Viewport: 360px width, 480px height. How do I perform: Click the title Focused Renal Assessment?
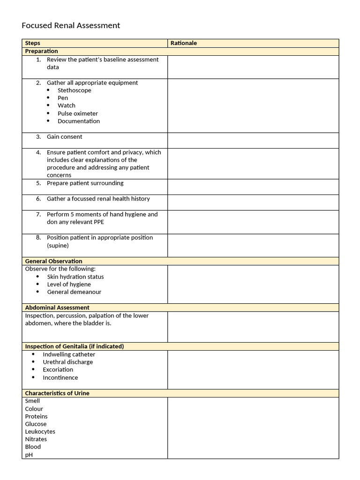tap(71, 25)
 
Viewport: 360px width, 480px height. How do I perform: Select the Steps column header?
tap(33, 43)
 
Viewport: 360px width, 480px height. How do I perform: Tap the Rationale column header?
tap(184, 43)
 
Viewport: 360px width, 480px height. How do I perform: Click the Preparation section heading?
tap(41, 51)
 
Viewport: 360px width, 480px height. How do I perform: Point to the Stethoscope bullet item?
tap(74, 90)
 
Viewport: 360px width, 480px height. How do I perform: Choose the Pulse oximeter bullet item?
tap(77, 113)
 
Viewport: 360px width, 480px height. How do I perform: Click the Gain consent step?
tap(64, 137)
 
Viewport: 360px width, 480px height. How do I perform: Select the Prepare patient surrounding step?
tap(85, 183)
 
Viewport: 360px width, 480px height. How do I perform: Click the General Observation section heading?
tap(53, 261)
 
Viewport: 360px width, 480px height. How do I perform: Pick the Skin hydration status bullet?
tap(75, 277)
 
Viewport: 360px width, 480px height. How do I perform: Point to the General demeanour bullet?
tap(74, 292)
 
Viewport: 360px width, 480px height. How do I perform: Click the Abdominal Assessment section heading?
tap(57, 307)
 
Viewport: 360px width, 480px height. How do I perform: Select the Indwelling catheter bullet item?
tap(69, 354)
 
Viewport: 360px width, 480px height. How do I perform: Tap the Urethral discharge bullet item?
tap(67, 362)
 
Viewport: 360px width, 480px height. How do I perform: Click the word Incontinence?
tap(60, 377)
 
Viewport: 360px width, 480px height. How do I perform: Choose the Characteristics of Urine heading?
tap(57, 393)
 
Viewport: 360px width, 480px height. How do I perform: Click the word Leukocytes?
tap(40, 432)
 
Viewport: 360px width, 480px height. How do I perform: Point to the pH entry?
tap(29, 455)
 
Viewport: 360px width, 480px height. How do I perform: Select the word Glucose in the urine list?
tap(36, 424)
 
